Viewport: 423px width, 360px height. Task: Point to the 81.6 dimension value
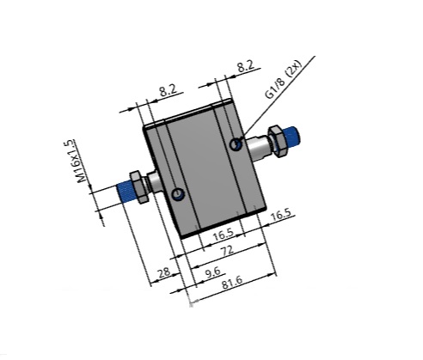(231, 282)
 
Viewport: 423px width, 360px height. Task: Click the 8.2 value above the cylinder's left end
(169, 88)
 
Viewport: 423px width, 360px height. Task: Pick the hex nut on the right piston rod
(277, 140)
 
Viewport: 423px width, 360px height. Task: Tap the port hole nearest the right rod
(236, 144)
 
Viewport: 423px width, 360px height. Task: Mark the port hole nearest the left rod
(177, 194)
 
